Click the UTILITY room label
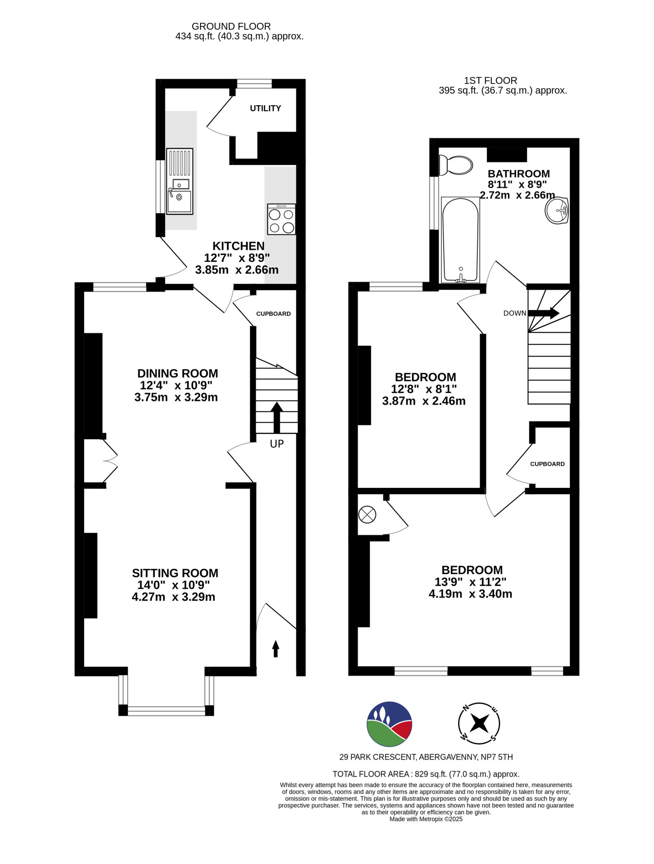(265, 108)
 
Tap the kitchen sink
(179, 181)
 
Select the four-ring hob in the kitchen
(282, 219)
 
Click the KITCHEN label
(238, 246)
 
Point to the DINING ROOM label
(177, 373)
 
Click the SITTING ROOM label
(175, 573)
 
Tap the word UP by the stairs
(277, 444)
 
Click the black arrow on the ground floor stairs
(277, 418)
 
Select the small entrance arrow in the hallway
(276, 649)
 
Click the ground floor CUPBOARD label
(273, 314)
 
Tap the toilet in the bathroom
(455, 165)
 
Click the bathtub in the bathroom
(460, 240)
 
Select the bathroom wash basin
(557, 211)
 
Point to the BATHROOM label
(519, 174)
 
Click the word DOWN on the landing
(515, 313)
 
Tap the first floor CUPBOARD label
(547, 464)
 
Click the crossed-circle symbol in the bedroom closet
(367, 514)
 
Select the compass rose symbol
(479, 724)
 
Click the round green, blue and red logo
(390, 724)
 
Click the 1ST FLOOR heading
(490, 81)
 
